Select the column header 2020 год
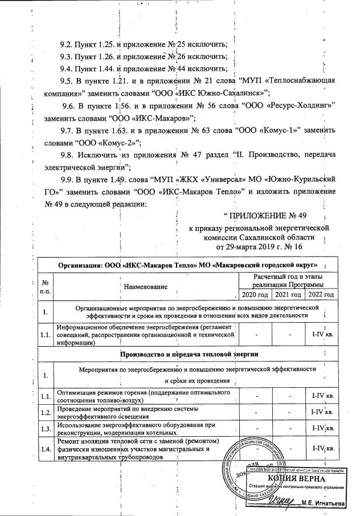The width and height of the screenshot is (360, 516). (253, 294)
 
